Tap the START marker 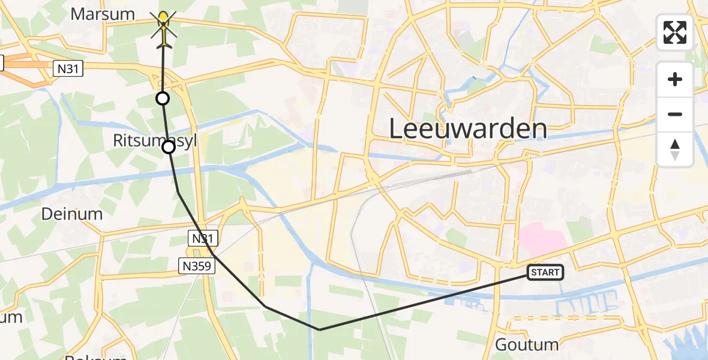(545, 272)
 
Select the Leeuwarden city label (468, 129)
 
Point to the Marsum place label (103, 14)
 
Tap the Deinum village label (72, 214)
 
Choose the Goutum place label (527, 344)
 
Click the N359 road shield (197, 265)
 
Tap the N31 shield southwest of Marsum (68, 69)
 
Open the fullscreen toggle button (675, 32)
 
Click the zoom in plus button (675, 79)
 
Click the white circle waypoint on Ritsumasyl (169, 147)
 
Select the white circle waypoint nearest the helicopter (162, 98)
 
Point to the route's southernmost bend (320, 329)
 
